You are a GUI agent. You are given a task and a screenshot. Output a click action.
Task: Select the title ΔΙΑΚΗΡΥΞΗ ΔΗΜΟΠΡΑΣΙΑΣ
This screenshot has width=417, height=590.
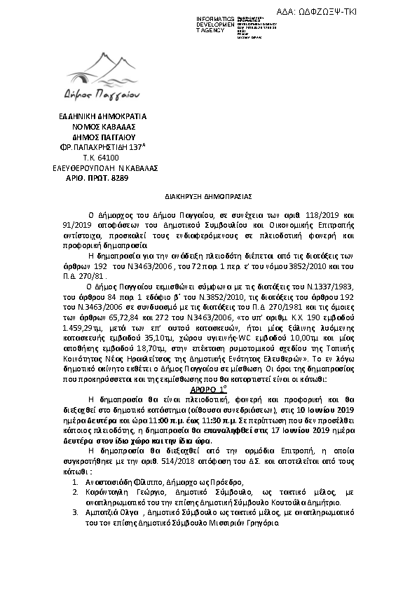click(209, 198)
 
